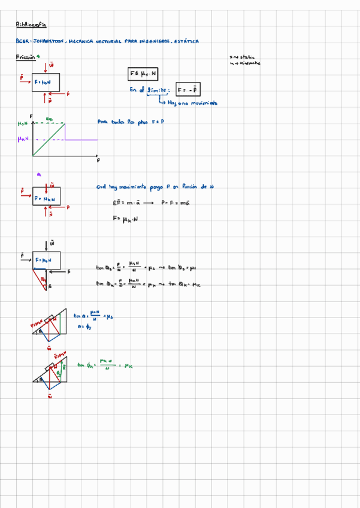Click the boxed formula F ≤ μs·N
pyautogui.click(x=143, y=74)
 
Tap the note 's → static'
pyautogui.click(x=241, y=58)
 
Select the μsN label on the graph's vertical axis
pyautogui.click(x=23, y=123)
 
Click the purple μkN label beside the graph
pyautogui.click(x=24, y=139)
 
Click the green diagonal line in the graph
pyautogui.click(x=49, y=139)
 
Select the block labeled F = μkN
pyautogui.click(x=46, y=198)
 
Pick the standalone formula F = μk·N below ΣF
pyautogui.click(x=125, y=219)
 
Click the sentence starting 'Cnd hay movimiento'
pyautogui.click(x=155, y=188)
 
